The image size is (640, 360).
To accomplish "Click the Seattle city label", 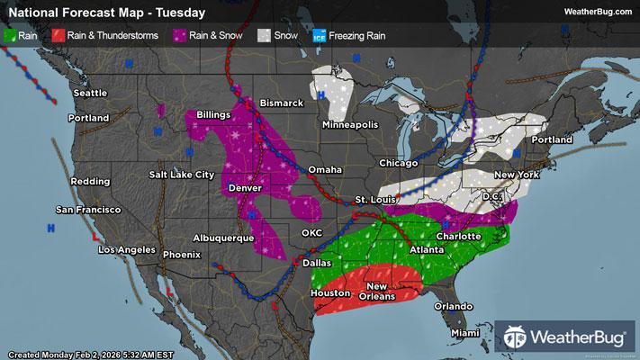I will click(x=90, y=93).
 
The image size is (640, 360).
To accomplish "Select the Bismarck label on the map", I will click(x=282, y=103).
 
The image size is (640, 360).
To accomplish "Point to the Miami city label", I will click(x=466, y=333).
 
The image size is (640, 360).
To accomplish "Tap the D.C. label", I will click(x=491, y=195).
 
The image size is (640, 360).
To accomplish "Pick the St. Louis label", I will click(x=374, y=199).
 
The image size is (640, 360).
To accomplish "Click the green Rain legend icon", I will click(x=10, y=37).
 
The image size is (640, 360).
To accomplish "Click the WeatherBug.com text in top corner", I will click(x=597, y=12).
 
